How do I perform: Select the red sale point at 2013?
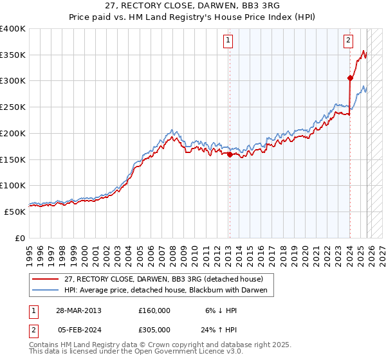230,154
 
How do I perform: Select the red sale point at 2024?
350,78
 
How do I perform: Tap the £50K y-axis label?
15,212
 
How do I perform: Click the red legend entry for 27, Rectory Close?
163,280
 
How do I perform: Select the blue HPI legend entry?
169,291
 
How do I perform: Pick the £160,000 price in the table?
154,310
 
